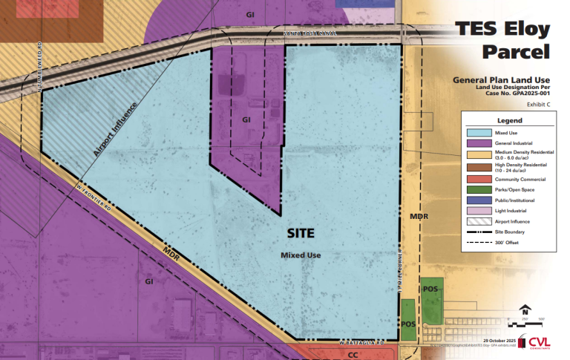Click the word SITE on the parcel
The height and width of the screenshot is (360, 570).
point(301,233)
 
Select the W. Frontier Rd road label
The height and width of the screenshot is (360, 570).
point(94,197)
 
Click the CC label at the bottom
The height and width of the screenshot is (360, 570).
point(353,356)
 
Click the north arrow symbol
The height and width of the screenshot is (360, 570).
point(525,310)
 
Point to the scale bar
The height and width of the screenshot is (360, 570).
point(527,322)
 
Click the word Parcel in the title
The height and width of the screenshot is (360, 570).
point(517,52)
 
